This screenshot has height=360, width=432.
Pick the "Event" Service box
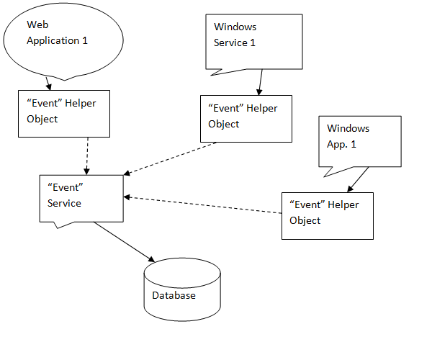[81, 198]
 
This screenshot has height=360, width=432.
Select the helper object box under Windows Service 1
[246, 118]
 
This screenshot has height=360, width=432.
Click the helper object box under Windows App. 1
[328, 215]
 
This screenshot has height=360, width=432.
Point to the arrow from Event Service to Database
[123, 241]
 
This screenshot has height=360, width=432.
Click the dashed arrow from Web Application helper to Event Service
[86, 155]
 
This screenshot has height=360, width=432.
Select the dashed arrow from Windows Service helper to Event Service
[173, 158]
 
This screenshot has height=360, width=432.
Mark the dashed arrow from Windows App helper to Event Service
[202, 205]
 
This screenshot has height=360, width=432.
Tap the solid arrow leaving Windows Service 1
[259, 82]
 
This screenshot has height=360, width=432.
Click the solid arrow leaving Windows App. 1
[359, 179]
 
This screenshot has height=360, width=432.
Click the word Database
[174, 295]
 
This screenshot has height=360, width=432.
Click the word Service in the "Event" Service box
[64, 203]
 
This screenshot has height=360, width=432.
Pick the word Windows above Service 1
[235, 27]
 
